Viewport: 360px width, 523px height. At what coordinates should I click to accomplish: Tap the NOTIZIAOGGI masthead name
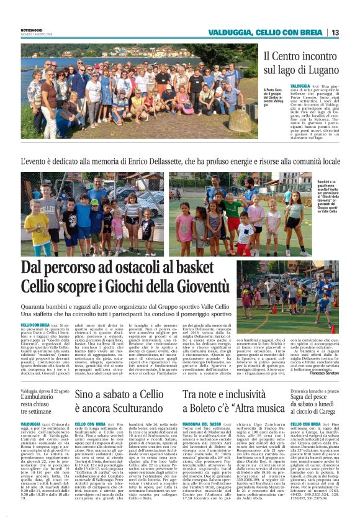(x=32, y=29)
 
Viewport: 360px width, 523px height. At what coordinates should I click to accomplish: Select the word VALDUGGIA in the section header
(x=231, y=32)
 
